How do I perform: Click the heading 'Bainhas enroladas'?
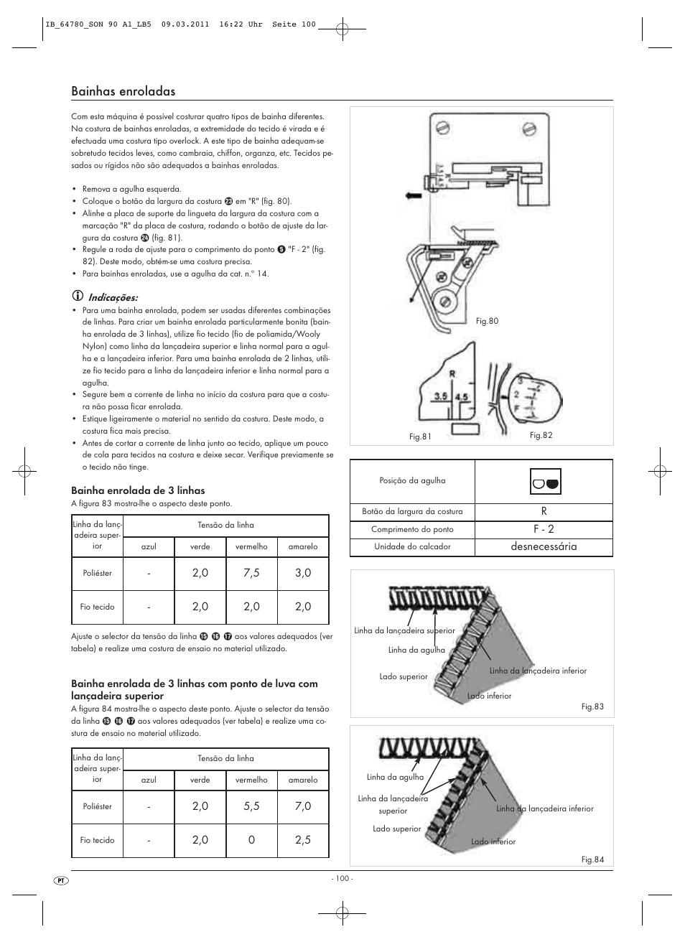pos(123,91)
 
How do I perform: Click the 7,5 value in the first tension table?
pos(251,573)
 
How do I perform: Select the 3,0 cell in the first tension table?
pos(303,573)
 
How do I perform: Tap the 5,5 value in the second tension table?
pos(251,806)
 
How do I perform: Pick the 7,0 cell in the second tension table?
pos(303,806)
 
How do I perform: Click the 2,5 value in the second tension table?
pos(303,840)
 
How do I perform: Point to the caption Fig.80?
pos(487,321)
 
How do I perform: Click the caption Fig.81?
pos(420,436)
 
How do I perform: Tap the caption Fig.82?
pos(541,435)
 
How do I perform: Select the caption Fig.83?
pos(592,706)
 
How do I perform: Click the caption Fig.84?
pos(592,859)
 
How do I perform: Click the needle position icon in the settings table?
pos(546,482)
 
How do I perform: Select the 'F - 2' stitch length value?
pos(544,529)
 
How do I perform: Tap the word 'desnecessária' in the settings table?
pos(544,547)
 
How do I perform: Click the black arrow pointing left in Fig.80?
pos(414,195)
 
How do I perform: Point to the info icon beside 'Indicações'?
pos(77,297)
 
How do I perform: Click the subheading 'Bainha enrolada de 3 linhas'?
pos(138,490)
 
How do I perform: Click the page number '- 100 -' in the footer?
pos(342,879)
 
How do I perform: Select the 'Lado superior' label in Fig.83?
pos(403,676)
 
